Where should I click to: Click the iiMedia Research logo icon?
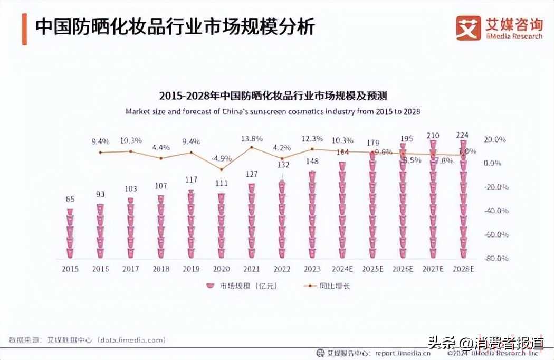click(469, 28)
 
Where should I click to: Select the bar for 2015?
click(70, 233)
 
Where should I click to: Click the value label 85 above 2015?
click(70, 200)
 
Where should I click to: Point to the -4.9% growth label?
click(222, 158)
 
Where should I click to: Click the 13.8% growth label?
click(252, 139)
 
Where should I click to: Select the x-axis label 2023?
click(312, 269)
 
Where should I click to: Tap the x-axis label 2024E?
click(342, 269)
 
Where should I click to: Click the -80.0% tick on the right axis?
click(496, 258)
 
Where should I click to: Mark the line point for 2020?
click(222, 169)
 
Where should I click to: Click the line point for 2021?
click(252, 147)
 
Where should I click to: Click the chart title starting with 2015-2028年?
click(273, 96)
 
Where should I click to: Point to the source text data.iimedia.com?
click(131, 340)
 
